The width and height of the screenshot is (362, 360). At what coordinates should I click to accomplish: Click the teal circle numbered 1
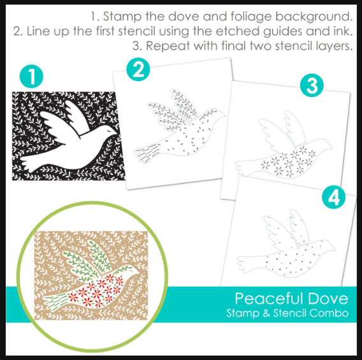click(31, 76)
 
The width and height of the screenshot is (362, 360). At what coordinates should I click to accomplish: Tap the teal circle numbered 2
click(138, 69)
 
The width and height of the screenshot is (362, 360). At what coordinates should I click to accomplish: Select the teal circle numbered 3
click(312, 85)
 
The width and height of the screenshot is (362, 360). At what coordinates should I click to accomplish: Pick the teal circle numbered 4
click(333, 197)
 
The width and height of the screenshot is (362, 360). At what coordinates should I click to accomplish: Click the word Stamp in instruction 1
click(122, 17)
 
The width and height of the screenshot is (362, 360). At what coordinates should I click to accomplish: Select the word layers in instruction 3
click(334, 46)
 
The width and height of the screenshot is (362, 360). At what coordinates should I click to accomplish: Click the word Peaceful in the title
click(269, 299)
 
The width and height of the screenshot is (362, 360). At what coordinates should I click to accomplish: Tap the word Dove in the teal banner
click(328, 299)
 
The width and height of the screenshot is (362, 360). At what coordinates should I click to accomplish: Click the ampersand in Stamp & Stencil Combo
click(266, 313)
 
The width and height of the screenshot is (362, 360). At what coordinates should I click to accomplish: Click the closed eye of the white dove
click(108, 130)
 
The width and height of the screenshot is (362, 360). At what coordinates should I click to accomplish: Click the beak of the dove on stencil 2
click(224, 115)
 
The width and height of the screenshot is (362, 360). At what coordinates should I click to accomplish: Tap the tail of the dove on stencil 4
click(247, 263)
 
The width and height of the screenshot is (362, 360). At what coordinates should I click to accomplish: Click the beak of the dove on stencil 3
click(331, 147)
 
